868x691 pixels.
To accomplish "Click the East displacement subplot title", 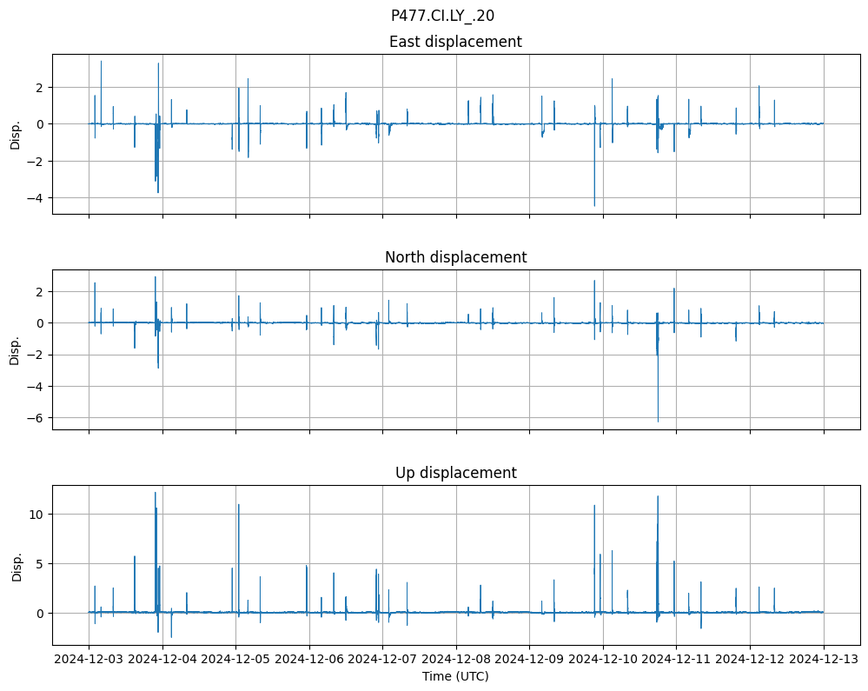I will (x=455, y=42).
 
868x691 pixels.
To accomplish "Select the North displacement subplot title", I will (x=455, y=257).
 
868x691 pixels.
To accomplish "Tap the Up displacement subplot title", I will (x=455, y=473).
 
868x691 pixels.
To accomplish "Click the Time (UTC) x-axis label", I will (x=455, y=675).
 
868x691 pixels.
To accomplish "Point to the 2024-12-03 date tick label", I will (x=89, y=660).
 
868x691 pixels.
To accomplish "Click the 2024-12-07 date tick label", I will (x=382, y=660).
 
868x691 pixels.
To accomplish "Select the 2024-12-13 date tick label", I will (x=824, y=660).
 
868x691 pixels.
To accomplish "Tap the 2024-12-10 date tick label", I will (x=603, y=660).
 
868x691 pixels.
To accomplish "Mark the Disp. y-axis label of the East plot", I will (x=15, y=134).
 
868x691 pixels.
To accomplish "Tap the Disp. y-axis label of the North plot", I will (x=15, y=349).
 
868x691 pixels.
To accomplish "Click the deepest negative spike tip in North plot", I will (x=658, y=422).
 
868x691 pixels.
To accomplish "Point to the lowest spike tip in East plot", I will (x=594, y=206).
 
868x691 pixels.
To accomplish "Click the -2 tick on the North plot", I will (x=39, y=355).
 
